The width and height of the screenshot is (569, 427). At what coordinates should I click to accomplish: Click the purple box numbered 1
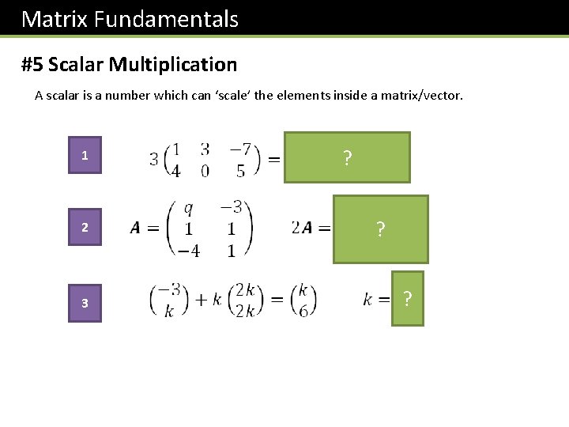[x=85, y=156]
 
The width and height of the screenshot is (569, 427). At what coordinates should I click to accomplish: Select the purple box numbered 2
[x=85, y=229]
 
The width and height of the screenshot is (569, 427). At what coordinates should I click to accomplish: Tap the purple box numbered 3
[x=85, y=304]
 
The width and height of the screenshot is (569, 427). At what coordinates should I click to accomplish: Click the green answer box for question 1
[x=347, y=157]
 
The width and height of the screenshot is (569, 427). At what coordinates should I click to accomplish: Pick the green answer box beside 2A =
[x=380, y=229]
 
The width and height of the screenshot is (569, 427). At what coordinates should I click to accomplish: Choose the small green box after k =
[x=407, y=299]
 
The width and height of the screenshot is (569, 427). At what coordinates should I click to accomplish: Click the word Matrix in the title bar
[x=55, y=19]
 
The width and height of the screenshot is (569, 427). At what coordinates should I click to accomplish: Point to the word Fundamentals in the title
[x=166, y=19]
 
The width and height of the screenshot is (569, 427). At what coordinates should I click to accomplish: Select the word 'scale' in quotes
[x=228, y=96]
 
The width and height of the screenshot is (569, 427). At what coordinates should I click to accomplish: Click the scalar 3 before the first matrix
[x=153, y=159]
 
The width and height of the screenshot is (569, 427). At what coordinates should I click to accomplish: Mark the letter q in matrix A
[x=188, y=209]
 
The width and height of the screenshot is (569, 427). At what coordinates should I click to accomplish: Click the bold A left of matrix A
[x=135, y=229]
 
